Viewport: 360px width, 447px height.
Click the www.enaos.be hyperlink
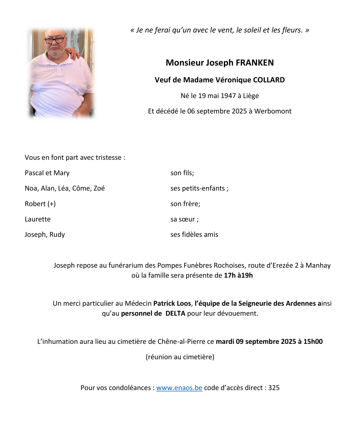tap(179, 388)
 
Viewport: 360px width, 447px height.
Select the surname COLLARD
tap(269, 80)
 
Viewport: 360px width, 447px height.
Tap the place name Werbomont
tap(273, 111)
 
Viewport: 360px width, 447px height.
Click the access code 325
tap(274, 388)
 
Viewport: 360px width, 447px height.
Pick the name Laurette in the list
tap(38, 219)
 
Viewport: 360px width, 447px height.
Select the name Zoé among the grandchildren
tap(99, 188)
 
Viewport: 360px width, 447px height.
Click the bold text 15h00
tap(313, 342)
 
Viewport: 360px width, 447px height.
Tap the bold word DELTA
tap(175, 313)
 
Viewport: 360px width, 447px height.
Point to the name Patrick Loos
tap(172, 304)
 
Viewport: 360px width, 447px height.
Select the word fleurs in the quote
tap(291, 30)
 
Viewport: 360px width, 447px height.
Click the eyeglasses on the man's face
tap(55, 40)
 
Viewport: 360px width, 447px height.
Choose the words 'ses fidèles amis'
tap(194, 235)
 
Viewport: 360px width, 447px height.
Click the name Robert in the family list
tap(35, 204)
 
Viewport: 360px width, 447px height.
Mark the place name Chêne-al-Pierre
tap(181, 342)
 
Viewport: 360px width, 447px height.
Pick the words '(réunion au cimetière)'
tap(180, 357)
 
